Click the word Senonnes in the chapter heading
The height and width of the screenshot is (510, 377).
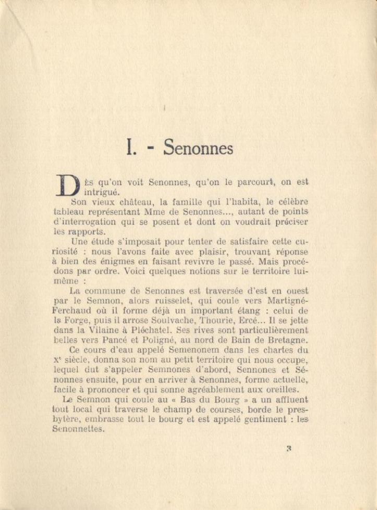pos(198,148)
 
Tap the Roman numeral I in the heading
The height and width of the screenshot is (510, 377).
pos(129,148)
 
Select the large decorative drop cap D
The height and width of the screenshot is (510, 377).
pos(67,185)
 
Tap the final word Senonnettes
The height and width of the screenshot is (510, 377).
pos(79,430)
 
